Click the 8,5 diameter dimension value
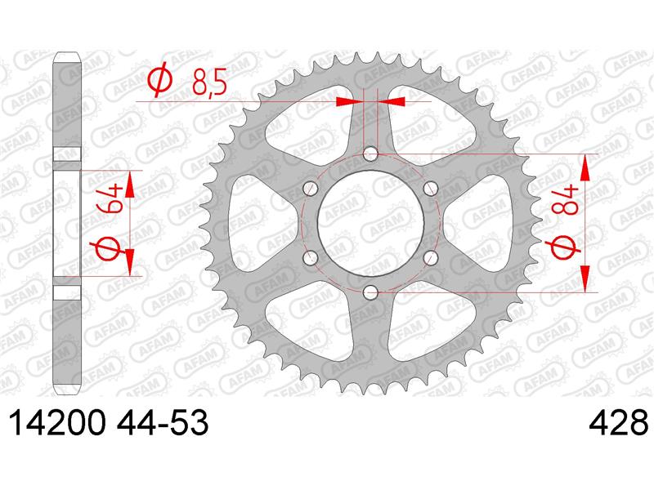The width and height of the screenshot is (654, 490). click(x=207, y=82)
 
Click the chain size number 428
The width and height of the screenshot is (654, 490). click(x=617, y=424)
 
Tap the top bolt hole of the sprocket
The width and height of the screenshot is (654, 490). click(x=370, y=154)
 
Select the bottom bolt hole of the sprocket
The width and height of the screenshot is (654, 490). click(x=370, y=292)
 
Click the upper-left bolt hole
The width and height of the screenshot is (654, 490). click(x=310, y=189)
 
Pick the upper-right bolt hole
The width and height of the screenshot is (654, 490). click(x=431, y=189)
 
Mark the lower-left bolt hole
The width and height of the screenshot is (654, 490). click(x=310, y=257)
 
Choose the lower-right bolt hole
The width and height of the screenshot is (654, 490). click(x=431, y=257)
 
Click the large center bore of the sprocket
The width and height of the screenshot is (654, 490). click(x=370, y=223)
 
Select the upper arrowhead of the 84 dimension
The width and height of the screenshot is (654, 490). click(x=586, y=167)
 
